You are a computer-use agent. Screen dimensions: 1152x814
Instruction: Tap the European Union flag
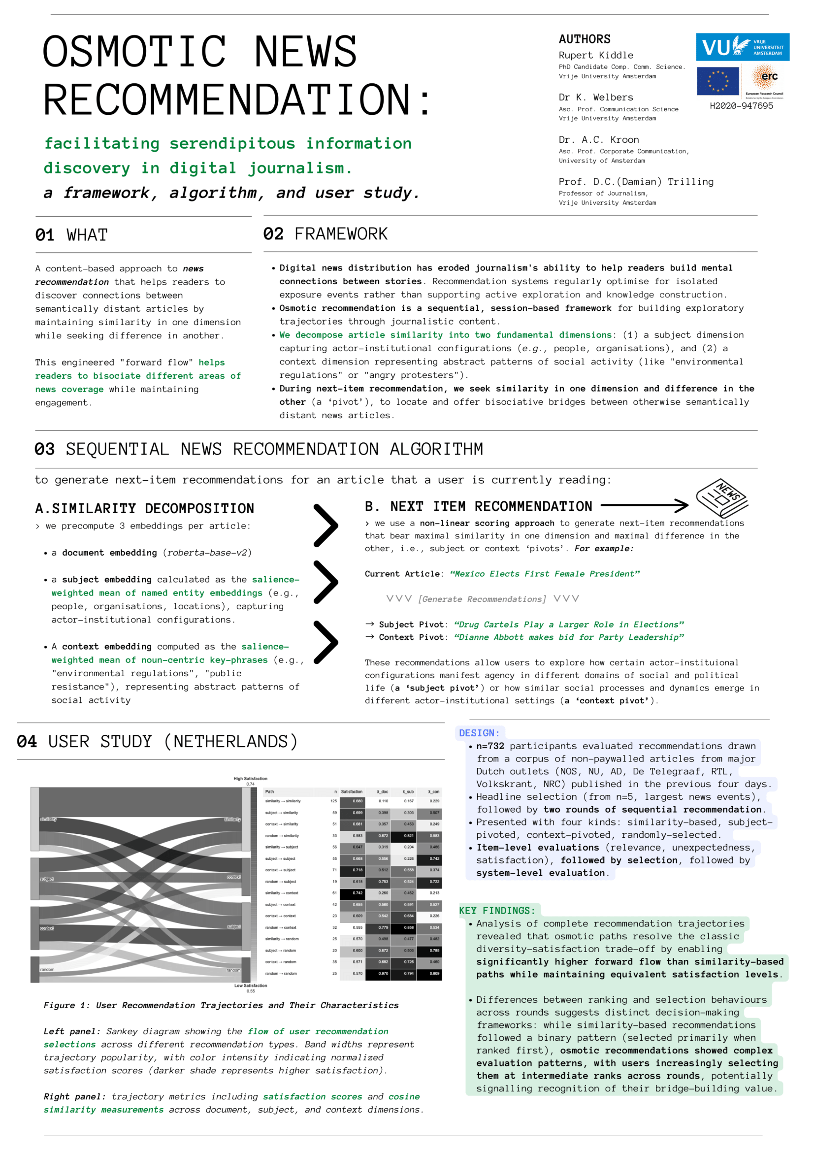tap(717, 81)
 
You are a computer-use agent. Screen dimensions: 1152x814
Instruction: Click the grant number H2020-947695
tap(741, 106)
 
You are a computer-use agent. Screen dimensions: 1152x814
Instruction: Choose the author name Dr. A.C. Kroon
tap(599, 139)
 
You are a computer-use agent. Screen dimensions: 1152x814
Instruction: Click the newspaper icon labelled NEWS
tap(722, 497)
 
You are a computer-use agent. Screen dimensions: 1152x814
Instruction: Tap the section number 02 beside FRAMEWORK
tap(273, 234)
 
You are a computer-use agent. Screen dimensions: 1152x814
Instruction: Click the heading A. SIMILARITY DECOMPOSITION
tap(144, 508)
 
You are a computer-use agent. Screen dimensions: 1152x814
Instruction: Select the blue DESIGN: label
tap(479, 732)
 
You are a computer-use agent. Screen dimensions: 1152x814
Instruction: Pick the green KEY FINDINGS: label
tap(497, 910)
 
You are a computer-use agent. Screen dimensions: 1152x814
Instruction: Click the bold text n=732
tap(490, 746)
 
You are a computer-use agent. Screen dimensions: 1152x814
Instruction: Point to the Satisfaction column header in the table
tap(352, 792)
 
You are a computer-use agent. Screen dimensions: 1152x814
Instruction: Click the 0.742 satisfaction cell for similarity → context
tap(358, 893)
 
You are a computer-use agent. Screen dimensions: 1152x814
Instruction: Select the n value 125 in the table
tap(333, 801)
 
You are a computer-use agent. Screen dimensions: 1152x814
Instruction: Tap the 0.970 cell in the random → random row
tap(383, 973)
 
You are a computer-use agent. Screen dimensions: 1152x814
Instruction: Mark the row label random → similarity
tap(282, 836)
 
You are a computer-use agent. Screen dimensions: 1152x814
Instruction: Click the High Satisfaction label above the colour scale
tap(250, 779)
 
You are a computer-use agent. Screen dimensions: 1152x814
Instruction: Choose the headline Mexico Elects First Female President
tap(544, 573)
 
